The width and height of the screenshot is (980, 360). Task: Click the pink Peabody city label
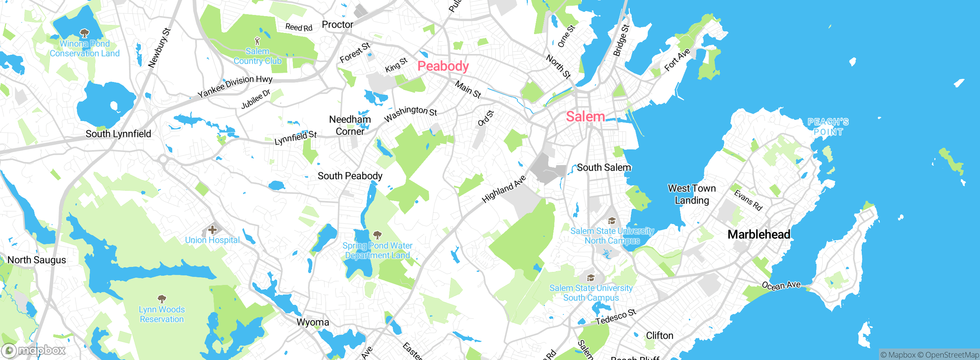click(x=443, y=66)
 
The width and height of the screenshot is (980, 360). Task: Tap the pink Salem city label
click(x=585, y=116)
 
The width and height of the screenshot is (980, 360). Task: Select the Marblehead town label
click(x=758, y=234)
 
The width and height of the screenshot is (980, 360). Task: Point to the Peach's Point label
click(x=828, y=127)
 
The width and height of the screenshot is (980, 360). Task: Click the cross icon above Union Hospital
click(x=212, y=230)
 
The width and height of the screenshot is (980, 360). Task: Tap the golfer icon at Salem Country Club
click(x=257, y=41)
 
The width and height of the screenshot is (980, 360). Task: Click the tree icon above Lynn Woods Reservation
click(x=162, y=299)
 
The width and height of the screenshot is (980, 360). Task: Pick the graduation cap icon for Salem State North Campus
click(x=611, y=221)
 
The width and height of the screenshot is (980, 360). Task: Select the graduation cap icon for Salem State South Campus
click(x=591, y=278)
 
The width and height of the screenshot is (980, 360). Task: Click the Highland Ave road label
click(x=503, y=189)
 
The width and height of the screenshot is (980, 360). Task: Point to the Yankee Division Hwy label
click(x=235, y=86)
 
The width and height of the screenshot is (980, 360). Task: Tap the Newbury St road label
click(x=159, y=48)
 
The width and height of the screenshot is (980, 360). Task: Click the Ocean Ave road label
click(x=781, y=286)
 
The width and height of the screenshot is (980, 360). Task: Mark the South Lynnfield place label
click(x=118, y=134)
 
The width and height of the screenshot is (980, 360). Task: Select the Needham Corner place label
click(x=350, y=125)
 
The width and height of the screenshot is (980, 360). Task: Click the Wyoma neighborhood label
click(x=313, y=322)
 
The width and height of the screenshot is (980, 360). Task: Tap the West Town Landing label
click(x=691, y=194)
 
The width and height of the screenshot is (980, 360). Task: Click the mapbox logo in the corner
click(x=34, y=350)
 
